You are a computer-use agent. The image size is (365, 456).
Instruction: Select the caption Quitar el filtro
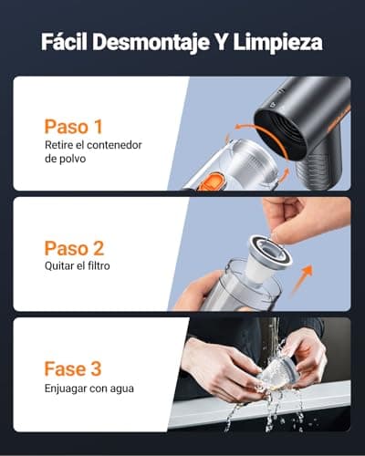tap(83, 267)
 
